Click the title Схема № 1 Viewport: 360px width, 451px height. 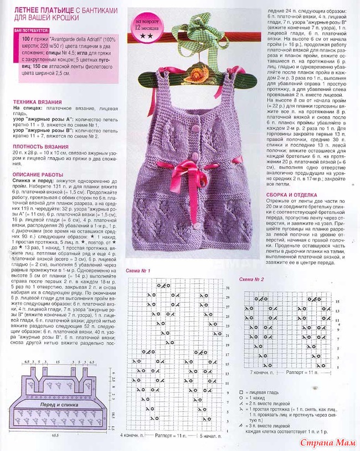138,270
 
